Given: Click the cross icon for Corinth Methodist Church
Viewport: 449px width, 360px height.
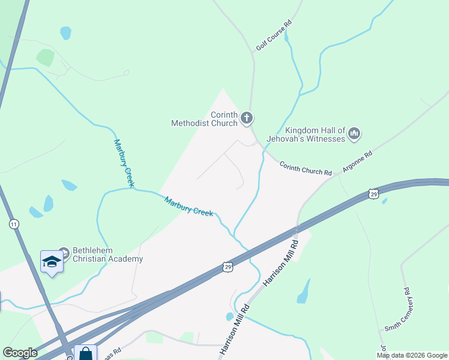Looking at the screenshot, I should click(x=247, y=119).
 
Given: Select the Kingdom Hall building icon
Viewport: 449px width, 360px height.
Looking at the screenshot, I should click(x=354, y=134).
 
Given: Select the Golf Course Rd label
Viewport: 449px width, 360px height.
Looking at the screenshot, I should click(x=274, y=35).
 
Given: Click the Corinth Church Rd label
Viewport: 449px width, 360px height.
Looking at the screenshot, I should click(x=306, y=168).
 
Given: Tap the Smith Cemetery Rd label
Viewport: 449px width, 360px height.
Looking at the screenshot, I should click(x=397, y=310).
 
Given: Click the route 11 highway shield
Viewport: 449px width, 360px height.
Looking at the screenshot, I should click(x=14, y=224).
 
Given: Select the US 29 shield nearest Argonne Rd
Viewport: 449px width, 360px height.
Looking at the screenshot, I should click(x=374, y=194).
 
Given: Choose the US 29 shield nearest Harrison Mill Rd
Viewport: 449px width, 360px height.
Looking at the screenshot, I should click(x=227, y=266).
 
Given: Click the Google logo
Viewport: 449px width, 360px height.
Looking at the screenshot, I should click(x=20, y=353).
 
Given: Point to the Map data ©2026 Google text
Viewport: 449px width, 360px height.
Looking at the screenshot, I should click(x=412, y=355).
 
